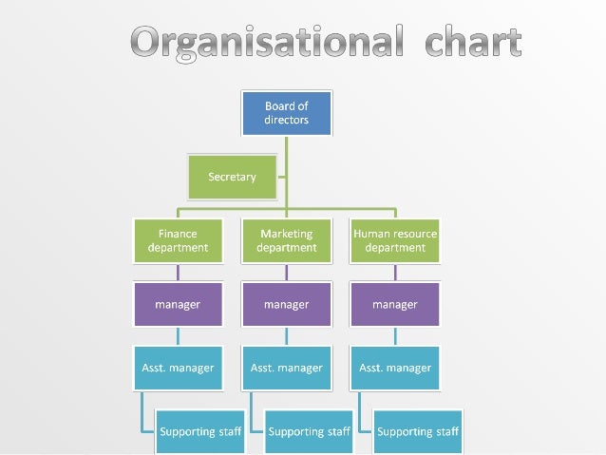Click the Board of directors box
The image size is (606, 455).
(x=286, y=113)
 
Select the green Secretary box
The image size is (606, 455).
(x=233, y=177)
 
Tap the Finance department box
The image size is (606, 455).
(x=178, y=240)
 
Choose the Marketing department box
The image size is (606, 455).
(x=286, y=240)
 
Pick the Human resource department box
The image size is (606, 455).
(x=395, y=240)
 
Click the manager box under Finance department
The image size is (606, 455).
(x=178, y=305)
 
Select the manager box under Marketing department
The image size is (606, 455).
(x=286, y=305)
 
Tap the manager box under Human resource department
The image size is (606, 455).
(x=395, y=305)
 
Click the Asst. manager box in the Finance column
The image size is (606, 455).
(x=178, y=368)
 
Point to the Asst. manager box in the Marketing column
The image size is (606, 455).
(x=286, y=368)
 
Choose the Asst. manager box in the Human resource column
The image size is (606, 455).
(x=395, y=368)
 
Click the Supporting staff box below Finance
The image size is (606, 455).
(x=200, y=431)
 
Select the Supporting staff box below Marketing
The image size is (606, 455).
(x=309, y=431)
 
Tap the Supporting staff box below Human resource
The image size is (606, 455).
(x=418, y=431)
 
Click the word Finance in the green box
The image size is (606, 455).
(x=178, y=234)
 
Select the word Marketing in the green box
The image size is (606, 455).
(x=286, y=234)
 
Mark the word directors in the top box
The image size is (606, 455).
(x=286, y=121)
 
